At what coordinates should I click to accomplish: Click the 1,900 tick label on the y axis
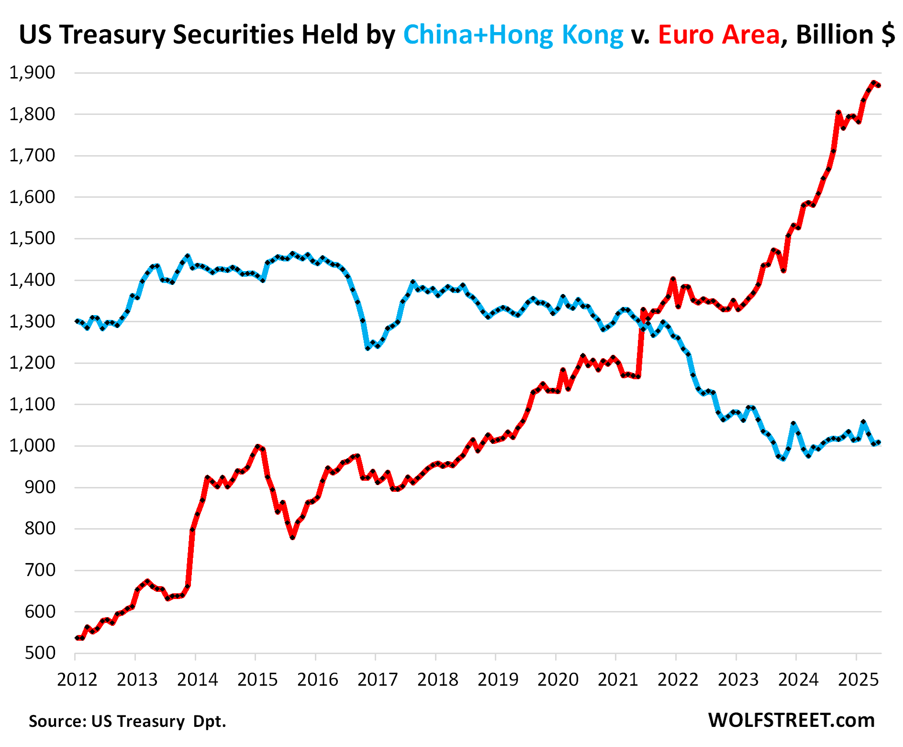click(x=32, y=73)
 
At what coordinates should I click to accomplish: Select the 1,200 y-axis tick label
click(x=32, y=363)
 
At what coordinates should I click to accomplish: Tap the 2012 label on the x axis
click(x=77, y=679)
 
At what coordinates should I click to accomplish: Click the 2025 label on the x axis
click(x=859, y=679)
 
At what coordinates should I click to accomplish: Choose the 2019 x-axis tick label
click(x=498, y=679)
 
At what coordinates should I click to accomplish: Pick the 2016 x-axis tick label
click(x=317, y=679)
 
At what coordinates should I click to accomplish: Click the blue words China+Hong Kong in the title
click(x=513, y=34)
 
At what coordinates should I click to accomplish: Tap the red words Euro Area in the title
click(x=719, y=34)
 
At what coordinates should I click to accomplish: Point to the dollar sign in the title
click(x=888, y=34)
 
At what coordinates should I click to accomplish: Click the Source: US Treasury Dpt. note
click(x=127, y=721)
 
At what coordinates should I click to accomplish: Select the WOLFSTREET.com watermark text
click(x=792, y=720)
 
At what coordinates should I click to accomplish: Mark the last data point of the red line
click(x=879, y=85)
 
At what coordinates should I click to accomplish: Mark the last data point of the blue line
click(x=879, y=443)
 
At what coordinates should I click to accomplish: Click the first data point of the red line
click(x=77, y=638)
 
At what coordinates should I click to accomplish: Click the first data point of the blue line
click(x=77, y=321)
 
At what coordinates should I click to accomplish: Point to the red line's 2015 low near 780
click(x=292, y=537)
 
